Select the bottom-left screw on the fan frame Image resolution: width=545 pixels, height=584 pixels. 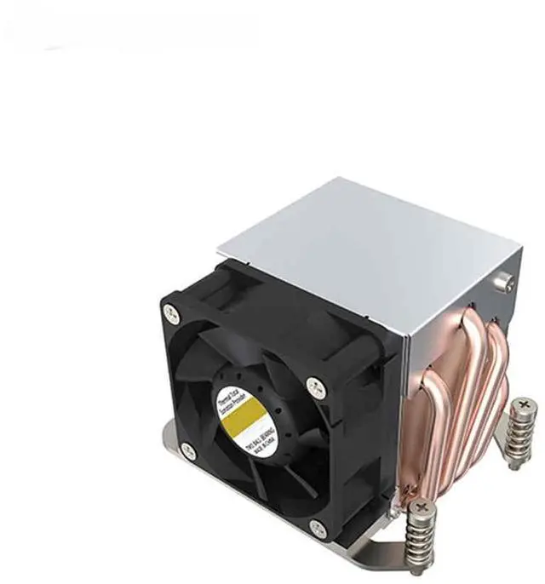pos(189,451)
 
